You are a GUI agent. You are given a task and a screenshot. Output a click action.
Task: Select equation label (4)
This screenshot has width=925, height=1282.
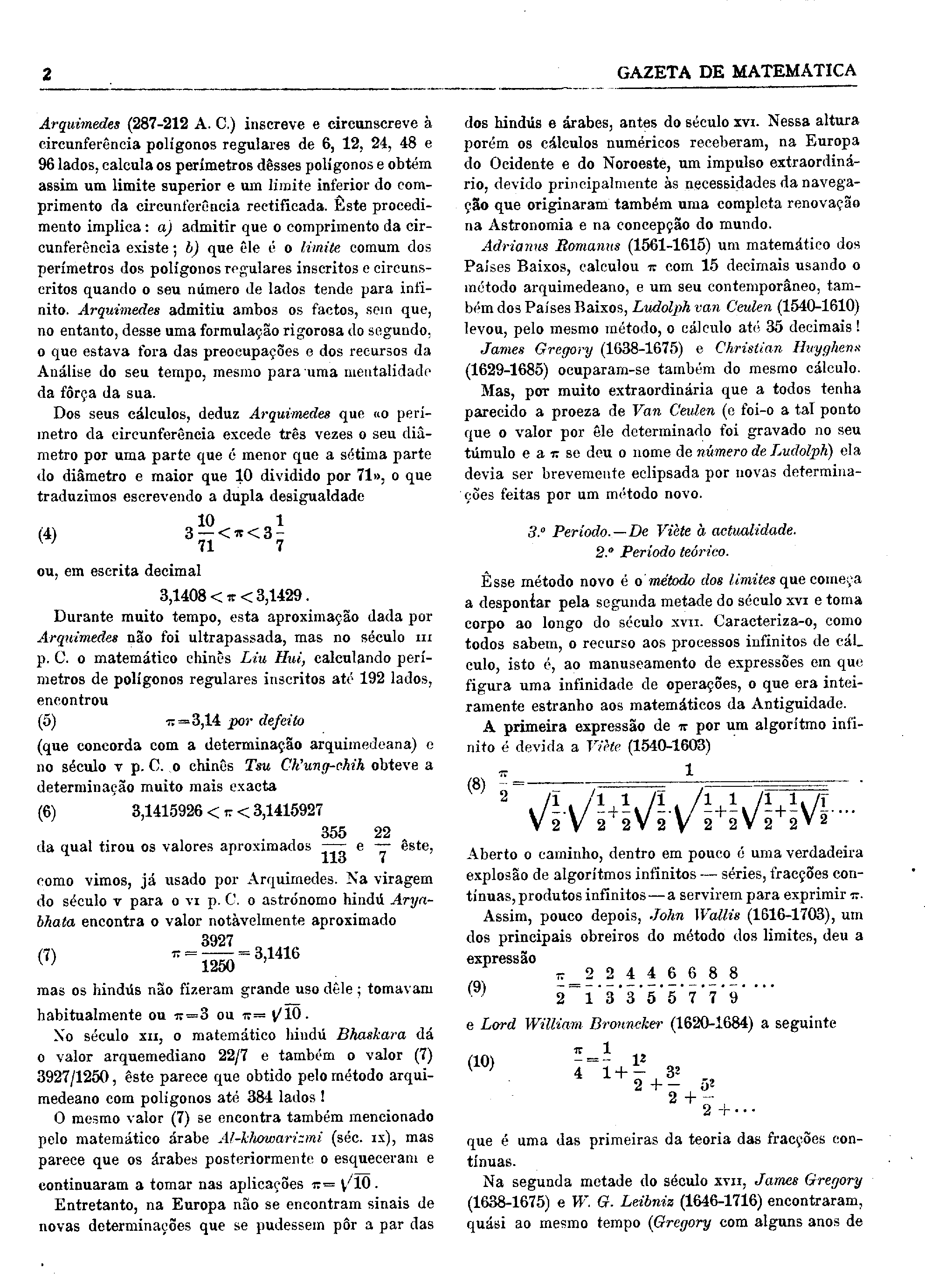47,534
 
